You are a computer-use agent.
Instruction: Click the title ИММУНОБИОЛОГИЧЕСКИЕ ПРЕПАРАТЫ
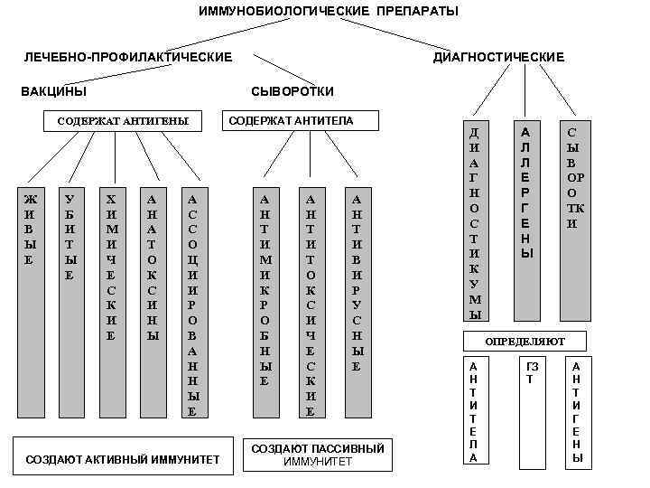[329, 11]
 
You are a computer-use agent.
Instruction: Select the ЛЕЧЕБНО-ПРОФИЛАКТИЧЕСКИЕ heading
[127, 58]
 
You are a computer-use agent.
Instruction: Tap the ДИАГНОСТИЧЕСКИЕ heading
[498, 58]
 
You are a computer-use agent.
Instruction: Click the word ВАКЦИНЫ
[54, 91]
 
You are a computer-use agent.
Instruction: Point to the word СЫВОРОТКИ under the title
[292, 91]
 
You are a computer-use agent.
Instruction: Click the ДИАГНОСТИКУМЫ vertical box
[475, 221]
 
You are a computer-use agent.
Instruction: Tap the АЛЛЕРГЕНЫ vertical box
[526, 221]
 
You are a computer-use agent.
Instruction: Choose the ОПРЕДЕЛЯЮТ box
[525, 342]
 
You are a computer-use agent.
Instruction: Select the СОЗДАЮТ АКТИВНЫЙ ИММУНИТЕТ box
[123, 459]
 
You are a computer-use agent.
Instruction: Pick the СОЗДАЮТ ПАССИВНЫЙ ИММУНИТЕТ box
[317, 455]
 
